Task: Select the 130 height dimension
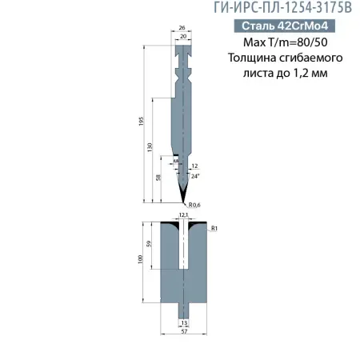pyautogui.click(x=152, y=148)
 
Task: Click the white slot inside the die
pyautogui.click(x=183, y=248)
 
